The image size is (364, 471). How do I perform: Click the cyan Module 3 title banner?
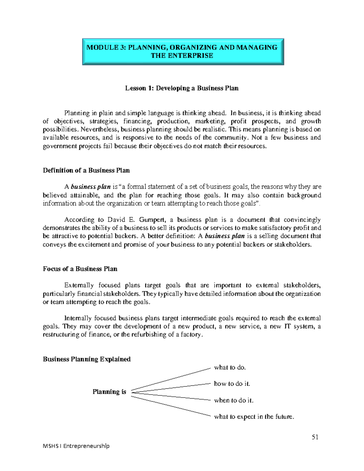click(x=183, y=51)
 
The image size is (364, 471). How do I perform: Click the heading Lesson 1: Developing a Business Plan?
click(x=182, y=88)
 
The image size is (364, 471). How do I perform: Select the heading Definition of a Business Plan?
click(x=86, y=170)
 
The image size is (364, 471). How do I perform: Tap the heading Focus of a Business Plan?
click(x=80, y=269)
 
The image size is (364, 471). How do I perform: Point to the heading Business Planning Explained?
click(x=87, y=359)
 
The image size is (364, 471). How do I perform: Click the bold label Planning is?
click(x=109, y=392)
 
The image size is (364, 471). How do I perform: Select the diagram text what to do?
click(x=230, y=368)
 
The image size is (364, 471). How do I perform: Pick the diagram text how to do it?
click(x=232, y=384)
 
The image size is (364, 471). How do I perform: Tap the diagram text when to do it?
click(x=234, y=400)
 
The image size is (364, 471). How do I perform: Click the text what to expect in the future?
click(x=254, y=417)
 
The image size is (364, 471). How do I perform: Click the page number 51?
click(x=315, y=437)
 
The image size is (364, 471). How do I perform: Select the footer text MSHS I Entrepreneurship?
click(x=76, y=446)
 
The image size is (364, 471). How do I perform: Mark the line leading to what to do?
click(x=171, y=379)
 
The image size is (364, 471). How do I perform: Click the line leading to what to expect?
click(x=171, y=406)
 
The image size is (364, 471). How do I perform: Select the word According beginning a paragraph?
click(x=79, y=220)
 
